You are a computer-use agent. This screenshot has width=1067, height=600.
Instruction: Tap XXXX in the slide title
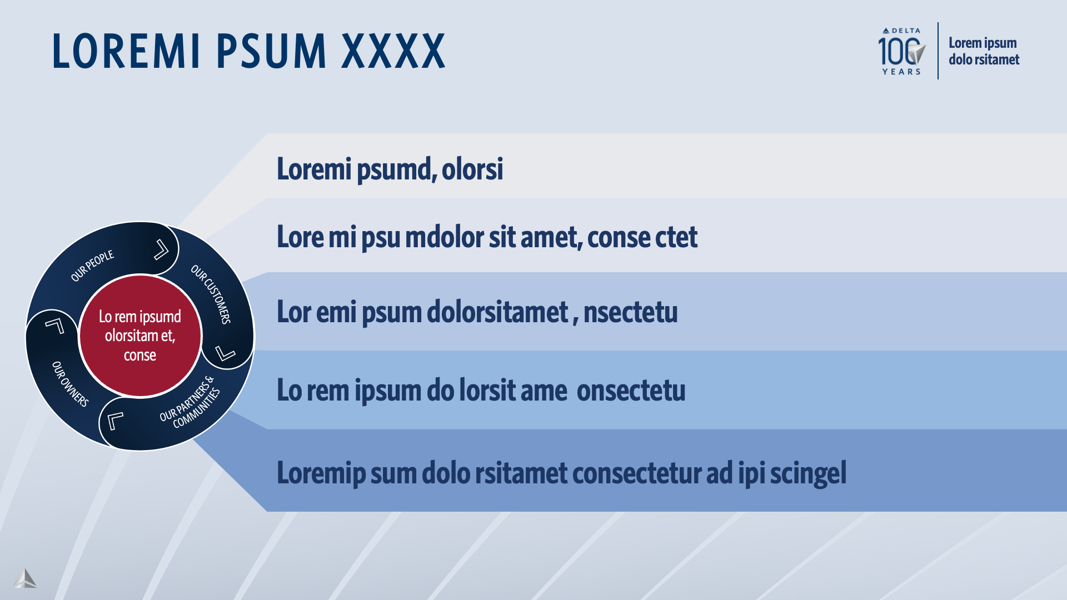tap(393, 51)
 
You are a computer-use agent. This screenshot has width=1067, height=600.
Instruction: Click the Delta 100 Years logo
tap(901, 51)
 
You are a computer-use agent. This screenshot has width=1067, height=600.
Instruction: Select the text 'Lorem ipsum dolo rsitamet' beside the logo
tap(984, 51)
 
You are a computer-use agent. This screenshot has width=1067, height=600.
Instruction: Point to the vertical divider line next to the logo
tap(938, 51)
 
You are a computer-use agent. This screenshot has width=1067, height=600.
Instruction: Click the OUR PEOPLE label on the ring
tap(92, 266)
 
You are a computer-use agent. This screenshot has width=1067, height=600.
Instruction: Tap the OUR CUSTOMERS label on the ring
tap(211, 294)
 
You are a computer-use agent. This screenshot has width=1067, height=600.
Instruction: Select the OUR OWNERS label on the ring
tap(70, 384)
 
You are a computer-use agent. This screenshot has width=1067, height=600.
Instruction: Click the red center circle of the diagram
tap(140, 336)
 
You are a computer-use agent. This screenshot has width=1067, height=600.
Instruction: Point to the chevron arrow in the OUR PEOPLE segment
tap(161, 249)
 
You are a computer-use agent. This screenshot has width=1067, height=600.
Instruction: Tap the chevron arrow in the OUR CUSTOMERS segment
tap(225, 353)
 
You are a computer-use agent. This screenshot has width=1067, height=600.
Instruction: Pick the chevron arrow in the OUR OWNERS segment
tap(54, 326)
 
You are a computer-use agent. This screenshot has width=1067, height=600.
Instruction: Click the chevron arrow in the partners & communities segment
tap(115, 420)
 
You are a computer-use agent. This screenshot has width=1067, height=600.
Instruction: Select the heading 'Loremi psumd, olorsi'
tap(390, 169)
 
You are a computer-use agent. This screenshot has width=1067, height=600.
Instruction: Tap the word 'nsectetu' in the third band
tap(630, 312)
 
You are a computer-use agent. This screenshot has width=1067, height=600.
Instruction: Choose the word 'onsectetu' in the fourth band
tap(631, 391)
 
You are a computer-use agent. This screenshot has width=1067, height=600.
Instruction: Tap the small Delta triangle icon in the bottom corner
tap(25, 578)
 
